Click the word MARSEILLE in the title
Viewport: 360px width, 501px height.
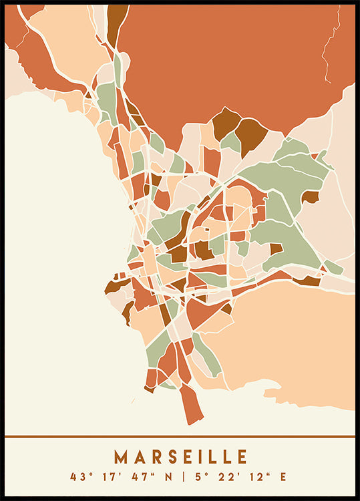[x=180, y=457]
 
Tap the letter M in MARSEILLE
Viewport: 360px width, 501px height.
[x=120, y=457]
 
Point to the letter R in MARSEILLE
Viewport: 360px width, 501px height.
[x=151, y=457]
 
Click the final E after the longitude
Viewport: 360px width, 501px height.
[x=283, y=477]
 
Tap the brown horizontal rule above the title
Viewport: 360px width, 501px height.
[x=180, y=437]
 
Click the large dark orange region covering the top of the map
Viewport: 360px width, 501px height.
[x=227, y=60]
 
